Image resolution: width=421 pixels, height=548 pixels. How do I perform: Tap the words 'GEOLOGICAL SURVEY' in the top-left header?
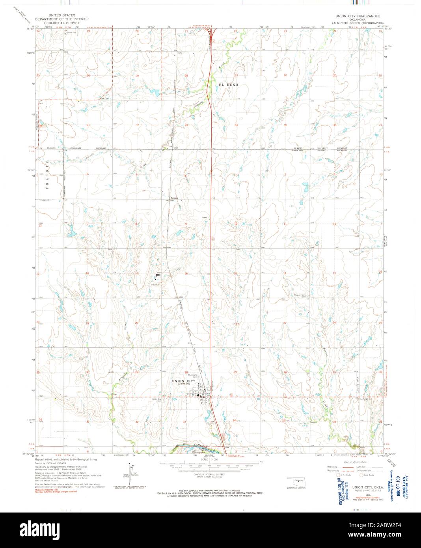point(61,23)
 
